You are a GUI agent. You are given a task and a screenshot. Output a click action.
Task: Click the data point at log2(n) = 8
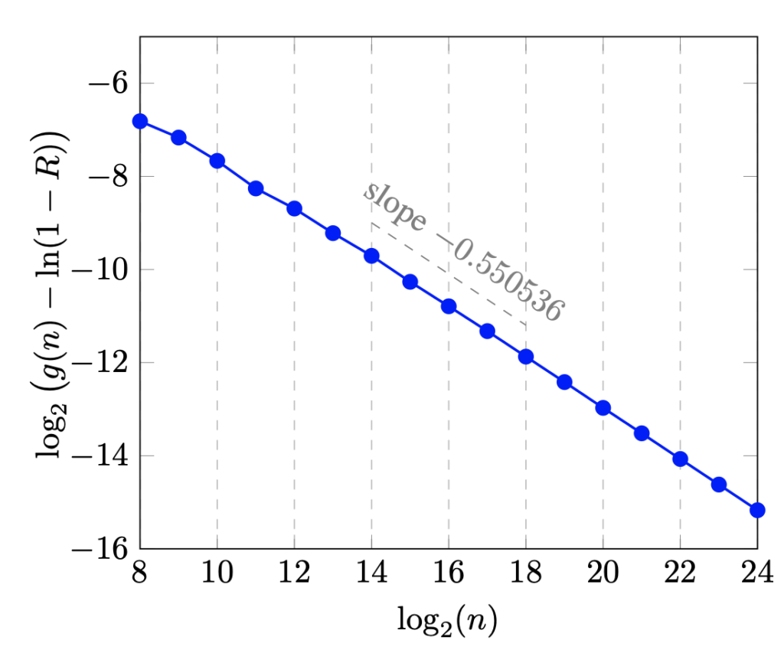140,121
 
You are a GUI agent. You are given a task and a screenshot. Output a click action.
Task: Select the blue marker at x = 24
757,510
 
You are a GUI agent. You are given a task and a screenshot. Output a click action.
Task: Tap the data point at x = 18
525,356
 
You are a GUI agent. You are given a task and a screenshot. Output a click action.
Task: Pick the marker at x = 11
256,188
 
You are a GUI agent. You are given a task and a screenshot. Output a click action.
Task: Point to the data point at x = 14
371,256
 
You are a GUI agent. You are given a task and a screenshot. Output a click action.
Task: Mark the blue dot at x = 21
642,433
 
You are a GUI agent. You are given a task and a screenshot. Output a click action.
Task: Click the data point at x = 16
449,306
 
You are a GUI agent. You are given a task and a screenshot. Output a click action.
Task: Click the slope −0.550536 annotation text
463,252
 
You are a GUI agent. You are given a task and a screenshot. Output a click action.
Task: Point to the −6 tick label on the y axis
100,83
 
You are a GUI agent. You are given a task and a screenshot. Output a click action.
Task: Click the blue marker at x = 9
178,137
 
